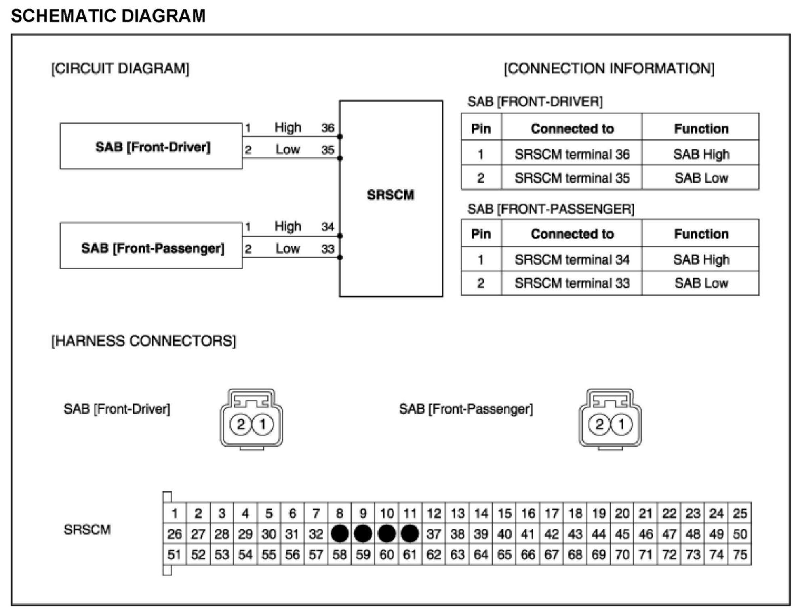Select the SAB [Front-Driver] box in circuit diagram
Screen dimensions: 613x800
tap(151, 147)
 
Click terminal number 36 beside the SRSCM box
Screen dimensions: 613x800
tap(328, 128)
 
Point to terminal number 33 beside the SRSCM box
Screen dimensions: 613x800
tap(328, 249)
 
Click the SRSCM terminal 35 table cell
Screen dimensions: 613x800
tap(572, 178)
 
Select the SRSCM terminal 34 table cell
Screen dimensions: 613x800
tap(572, 259)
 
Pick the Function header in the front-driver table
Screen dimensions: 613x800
tap(701, 128)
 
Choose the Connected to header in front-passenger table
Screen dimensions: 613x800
tap(572, 234)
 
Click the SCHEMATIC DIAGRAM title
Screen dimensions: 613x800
tap(108, 16)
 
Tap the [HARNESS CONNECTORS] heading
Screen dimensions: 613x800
tap(143, 341)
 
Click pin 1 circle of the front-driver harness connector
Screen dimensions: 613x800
tap(263, 424)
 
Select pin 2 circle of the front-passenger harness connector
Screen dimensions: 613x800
tap(599, 424)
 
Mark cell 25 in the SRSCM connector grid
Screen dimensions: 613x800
tap(740, 513)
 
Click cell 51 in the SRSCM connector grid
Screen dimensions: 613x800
tap(175, 554)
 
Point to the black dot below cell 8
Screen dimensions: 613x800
tap(339, 534)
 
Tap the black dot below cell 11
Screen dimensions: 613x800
tap(410, 534)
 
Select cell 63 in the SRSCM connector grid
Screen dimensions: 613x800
tap(457, 554)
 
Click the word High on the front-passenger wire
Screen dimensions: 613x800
tap(288, 226)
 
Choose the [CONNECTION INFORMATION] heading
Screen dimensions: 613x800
tap(609, 69)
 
